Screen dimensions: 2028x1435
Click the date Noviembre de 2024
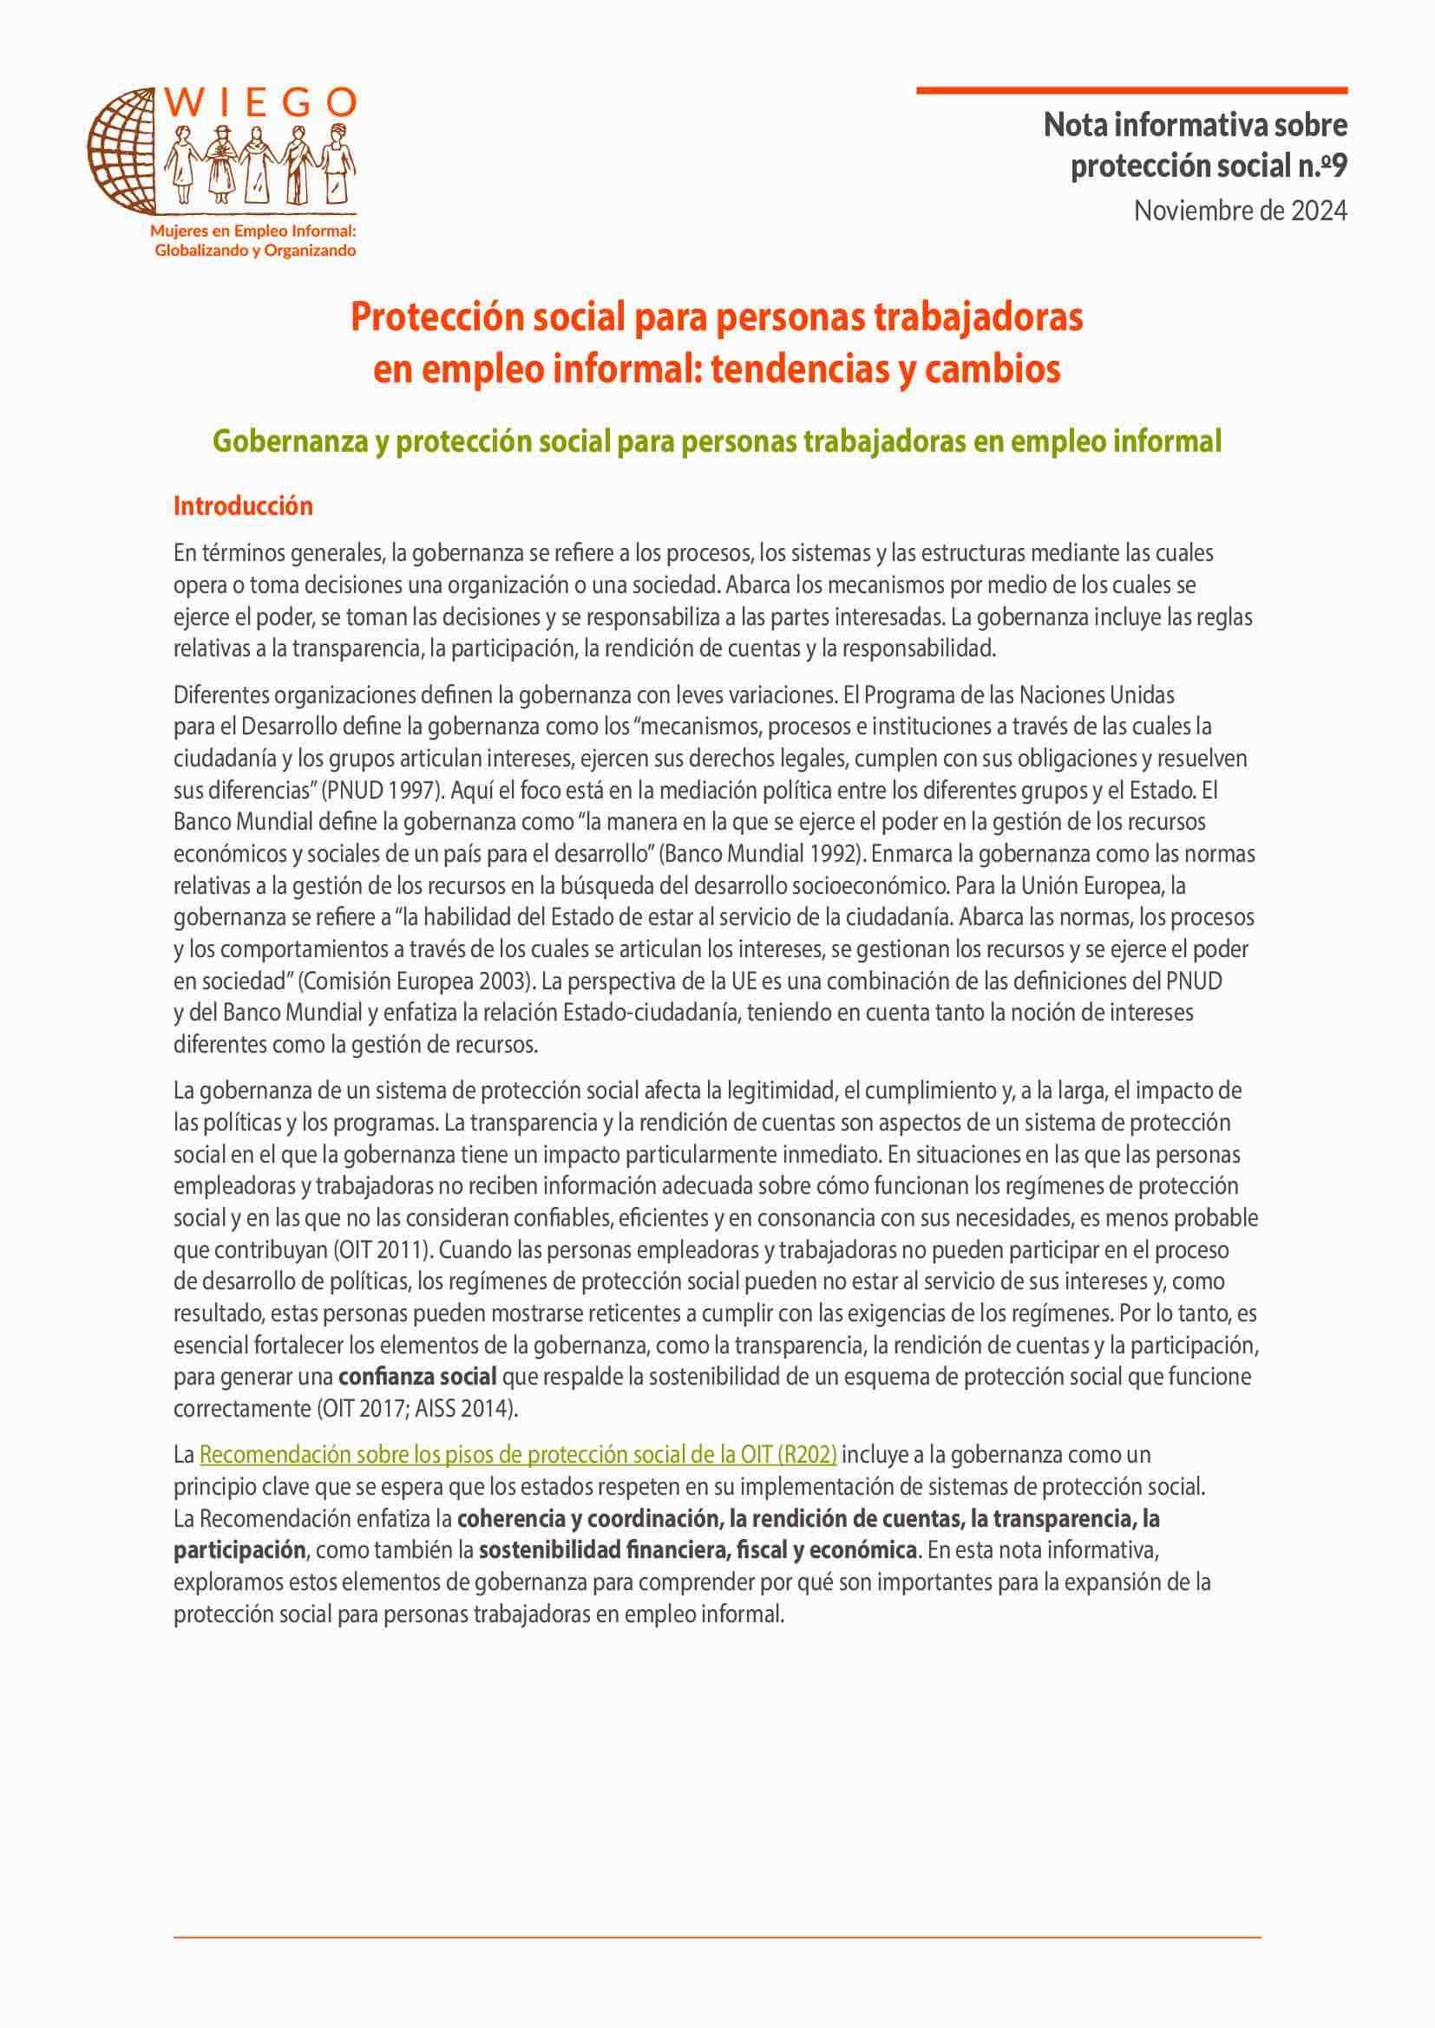tap(1241, 211)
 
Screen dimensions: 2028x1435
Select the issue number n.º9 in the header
tap(1311, 166)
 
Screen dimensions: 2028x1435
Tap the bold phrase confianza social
tap(417, 1376)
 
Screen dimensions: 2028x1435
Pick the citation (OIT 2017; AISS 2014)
tap(416, 1408)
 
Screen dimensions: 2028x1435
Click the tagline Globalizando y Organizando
tap(255, 250)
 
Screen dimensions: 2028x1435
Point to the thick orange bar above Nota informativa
tap(1131, 90)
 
